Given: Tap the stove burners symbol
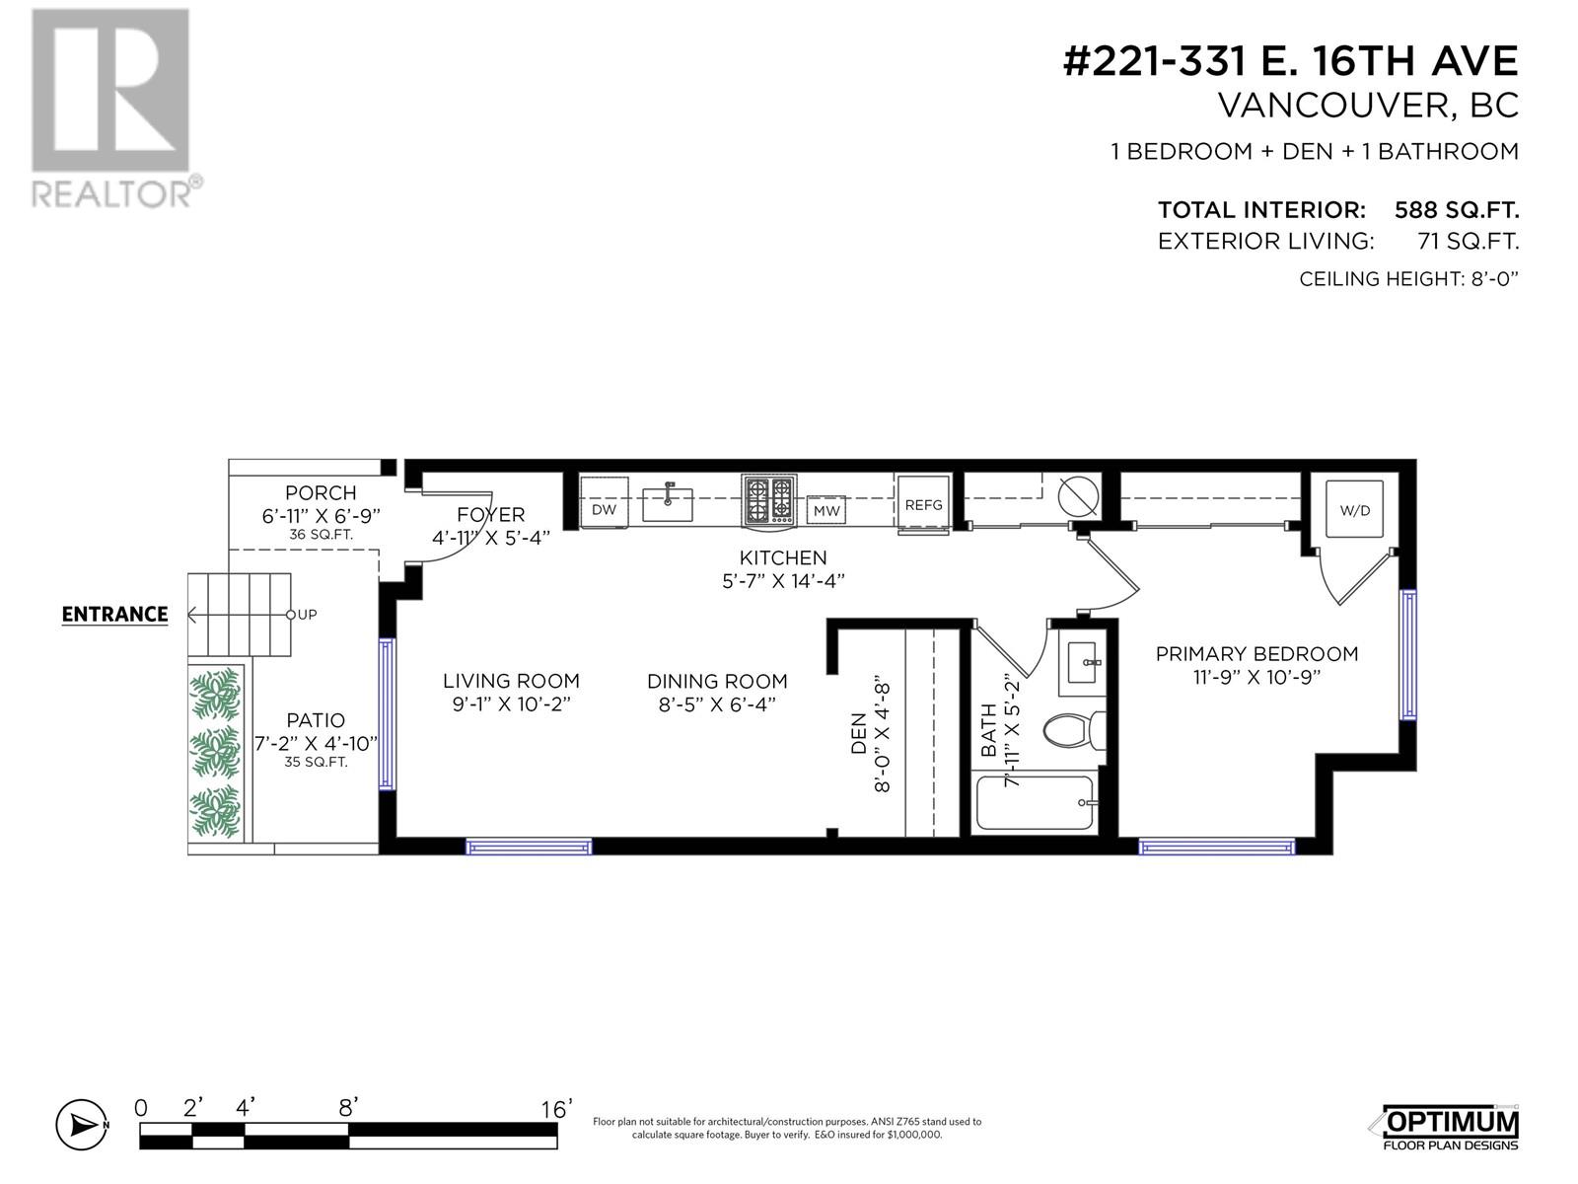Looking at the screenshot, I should point(769,500).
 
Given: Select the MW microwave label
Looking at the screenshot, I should point(826,511).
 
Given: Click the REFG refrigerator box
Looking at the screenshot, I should point(923,505).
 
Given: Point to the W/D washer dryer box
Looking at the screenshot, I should point(1354,510).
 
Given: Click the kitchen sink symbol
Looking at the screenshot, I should point(669,502).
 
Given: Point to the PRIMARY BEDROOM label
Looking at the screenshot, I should point(1256,654).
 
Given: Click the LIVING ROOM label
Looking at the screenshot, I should point(511,681).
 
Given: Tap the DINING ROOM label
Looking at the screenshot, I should point(717,681).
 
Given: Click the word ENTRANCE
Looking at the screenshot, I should point(114,615).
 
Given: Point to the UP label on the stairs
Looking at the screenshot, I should point(307,615).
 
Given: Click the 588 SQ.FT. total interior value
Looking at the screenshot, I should point(1456,210).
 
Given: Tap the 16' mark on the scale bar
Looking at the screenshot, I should point(556,1110).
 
